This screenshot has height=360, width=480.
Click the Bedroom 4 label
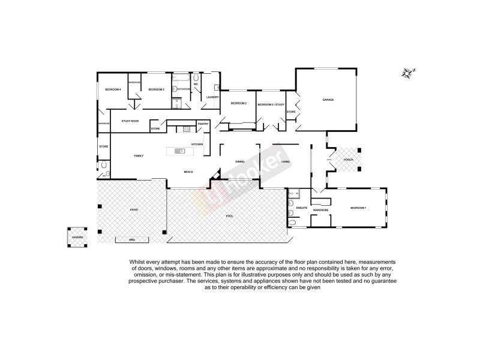113,89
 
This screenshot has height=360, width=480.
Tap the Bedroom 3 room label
156,89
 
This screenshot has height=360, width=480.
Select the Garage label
328,100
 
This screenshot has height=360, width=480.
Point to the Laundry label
212,97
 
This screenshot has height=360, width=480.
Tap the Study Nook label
130,121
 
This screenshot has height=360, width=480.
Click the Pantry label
203,124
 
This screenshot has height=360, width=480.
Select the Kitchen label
197,144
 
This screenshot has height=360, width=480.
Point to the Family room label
138,155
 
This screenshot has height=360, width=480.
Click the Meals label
188,172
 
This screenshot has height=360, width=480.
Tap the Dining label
239,162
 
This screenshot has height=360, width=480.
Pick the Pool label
229,215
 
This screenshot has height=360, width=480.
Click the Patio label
134,210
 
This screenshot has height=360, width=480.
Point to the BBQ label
132,240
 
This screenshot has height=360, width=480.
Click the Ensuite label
302,208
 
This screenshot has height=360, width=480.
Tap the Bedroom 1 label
358,208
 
